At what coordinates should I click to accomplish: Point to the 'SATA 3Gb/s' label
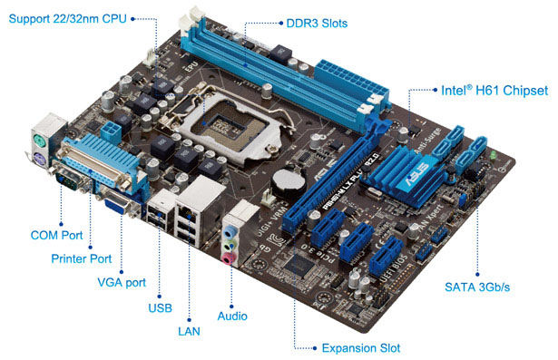click(x=475, y=287)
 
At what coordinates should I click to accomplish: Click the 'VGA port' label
click(x=121, y=282)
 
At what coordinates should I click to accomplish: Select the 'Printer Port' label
click(x=81, y=258)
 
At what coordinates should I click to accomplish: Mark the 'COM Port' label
click(x=56, y=235)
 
